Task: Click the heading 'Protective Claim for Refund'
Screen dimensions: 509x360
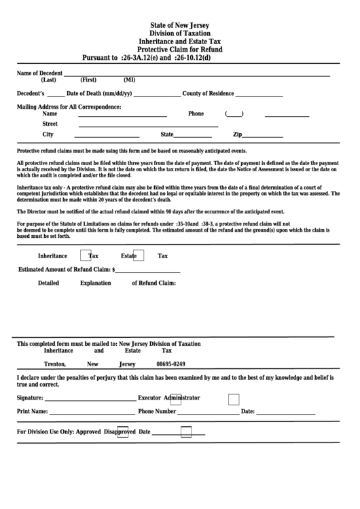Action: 180,50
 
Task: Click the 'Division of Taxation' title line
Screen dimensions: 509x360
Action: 180,33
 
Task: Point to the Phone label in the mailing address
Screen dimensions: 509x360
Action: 196,114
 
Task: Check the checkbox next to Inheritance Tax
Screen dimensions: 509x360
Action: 86,256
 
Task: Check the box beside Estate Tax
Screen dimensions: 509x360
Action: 137,256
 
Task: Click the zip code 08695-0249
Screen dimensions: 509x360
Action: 170,364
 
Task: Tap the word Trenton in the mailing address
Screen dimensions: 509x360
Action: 54,364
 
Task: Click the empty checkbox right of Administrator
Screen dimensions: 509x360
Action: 233,399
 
